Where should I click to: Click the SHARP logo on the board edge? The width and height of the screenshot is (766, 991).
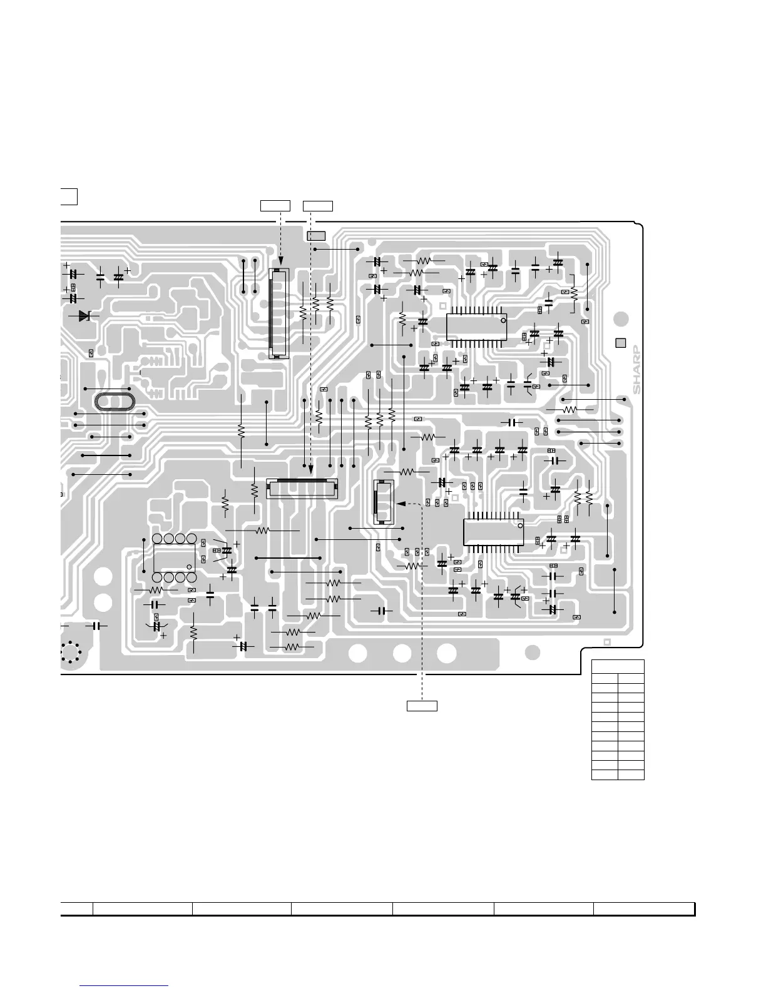point(636,369)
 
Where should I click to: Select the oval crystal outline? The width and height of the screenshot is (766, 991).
point(115,402)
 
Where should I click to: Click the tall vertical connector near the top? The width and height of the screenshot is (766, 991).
point(278,313)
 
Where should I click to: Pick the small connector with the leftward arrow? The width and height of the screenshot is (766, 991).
point(383,502)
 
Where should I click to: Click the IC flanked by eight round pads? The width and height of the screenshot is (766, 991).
point(174,557)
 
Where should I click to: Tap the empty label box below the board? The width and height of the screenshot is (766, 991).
point(422,706)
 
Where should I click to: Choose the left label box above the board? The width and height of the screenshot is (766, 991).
point(275,205)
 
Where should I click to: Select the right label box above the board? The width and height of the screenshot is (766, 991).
point(318,205)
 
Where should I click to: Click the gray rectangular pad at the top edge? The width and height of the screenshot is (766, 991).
point(316,236)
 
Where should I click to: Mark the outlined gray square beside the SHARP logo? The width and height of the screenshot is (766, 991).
point(621,343)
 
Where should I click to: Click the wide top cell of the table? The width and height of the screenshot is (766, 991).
point(618,667)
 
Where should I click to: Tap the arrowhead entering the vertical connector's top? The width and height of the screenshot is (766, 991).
point(281,265)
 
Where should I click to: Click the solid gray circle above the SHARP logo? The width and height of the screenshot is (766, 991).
point(620,319)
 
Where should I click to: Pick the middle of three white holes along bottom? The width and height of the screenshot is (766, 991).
point(402,653)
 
